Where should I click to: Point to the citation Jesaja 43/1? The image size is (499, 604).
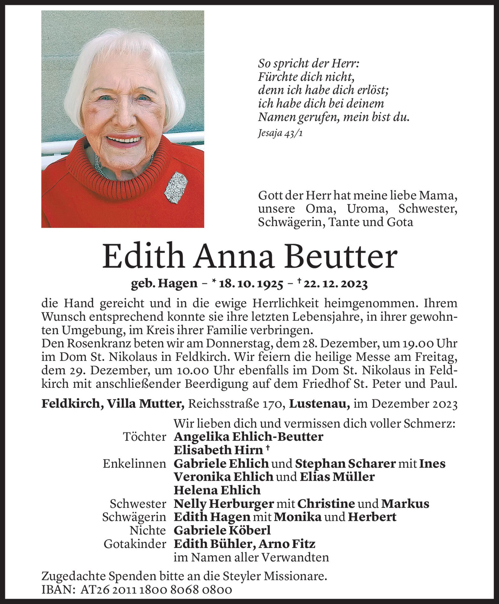(x=280, y=133)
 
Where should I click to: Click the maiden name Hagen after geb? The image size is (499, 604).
(x=179, y=284)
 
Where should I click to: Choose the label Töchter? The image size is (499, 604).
(x=145, y=437)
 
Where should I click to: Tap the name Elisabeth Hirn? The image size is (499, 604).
(x=218, y=450)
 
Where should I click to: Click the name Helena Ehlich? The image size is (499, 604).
(x=217, y=490)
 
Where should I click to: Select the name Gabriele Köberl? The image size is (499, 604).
(x=222, y=530)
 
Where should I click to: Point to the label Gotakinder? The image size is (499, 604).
(x=135, y=544)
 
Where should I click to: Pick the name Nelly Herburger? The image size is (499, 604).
(x=224, y=503)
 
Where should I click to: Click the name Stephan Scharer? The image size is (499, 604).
(x=345, y=464)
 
